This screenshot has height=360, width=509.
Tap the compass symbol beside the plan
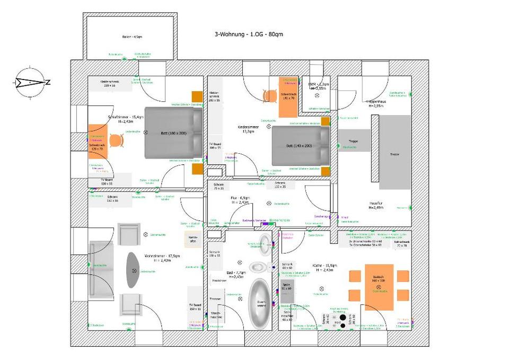point(29,82)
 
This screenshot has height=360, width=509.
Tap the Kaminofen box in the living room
point(192,240)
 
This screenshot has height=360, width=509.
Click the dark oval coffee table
point(133,270)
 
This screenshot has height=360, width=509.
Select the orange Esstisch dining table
point(379,286)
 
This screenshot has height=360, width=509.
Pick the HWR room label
point(319,84)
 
